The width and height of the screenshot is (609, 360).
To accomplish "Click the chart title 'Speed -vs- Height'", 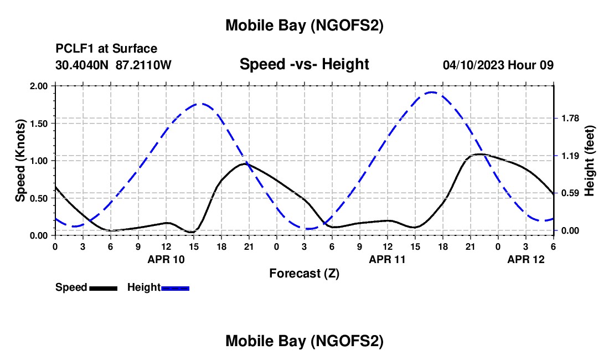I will coord(304,65).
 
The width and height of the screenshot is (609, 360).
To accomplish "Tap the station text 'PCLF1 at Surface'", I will coord(106,49).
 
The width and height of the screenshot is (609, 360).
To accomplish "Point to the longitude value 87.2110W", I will coord(144,65).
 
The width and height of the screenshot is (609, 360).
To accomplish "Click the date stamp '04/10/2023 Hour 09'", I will coord(498,65).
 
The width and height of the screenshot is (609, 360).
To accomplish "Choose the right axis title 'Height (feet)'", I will coord(590,161).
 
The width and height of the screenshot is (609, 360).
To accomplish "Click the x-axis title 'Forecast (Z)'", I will coord(304,273).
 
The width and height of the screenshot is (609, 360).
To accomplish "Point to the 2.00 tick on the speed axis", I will coord(39,86).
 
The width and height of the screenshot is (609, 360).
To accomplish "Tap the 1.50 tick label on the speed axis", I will coord(39,124).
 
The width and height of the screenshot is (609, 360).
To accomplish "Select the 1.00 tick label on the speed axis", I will coord(39,161).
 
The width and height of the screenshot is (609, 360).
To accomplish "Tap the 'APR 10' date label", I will coord(166,259).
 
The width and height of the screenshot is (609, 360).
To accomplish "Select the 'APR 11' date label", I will coord(388,259).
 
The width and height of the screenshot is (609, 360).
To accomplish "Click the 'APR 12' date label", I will coord(526,259).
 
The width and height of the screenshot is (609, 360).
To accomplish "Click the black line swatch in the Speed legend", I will coord(104,288).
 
